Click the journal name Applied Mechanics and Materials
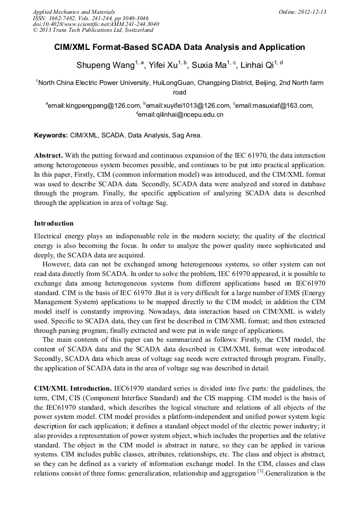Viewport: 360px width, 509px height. tap(74, 12)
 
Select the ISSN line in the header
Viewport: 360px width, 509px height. tap(91, 18)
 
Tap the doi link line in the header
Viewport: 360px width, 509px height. tap(96, 24)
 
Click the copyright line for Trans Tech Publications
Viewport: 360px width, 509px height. tap(93, 31)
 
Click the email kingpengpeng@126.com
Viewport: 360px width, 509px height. tap(94, 106)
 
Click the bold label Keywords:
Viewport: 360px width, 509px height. tap(51, 135)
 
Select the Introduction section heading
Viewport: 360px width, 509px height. tap(54, 223)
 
